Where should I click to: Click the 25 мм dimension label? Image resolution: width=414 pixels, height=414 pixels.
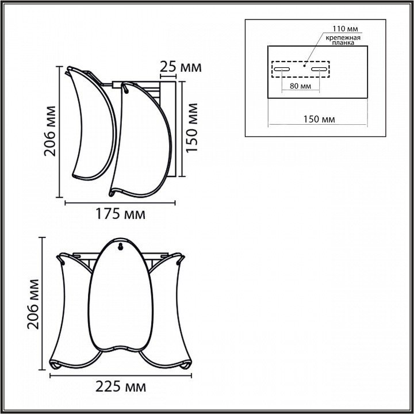click(181, 67)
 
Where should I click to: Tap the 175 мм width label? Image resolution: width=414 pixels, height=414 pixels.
click(120, 214)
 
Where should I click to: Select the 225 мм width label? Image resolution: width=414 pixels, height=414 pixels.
click(120, 387)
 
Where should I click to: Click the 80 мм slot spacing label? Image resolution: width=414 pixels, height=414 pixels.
click(300, 86)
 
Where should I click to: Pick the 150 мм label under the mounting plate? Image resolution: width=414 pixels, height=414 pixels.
click(319, 120)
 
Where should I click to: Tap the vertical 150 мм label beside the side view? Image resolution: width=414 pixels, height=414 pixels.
click(192, 128)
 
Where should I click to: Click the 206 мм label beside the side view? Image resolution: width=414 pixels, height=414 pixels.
click(50, 131)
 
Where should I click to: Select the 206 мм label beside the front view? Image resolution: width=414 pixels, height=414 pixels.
click(33, 304)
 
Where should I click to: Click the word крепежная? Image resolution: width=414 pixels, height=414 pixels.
click(343, 38)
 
